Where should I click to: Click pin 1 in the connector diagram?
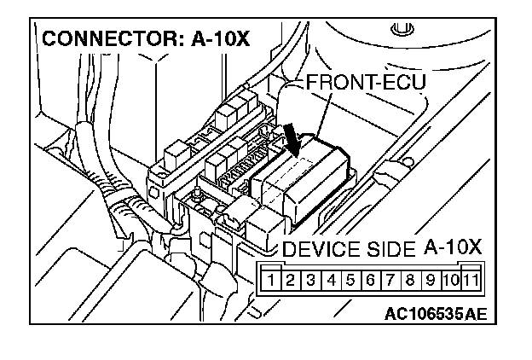(269, 279)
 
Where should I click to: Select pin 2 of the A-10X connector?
(290, 279)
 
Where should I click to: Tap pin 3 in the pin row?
(311, 279)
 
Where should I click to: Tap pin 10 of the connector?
(453, 279)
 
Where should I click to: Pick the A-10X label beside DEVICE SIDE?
(453, 247)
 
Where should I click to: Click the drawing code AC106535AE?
(435, 313)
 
